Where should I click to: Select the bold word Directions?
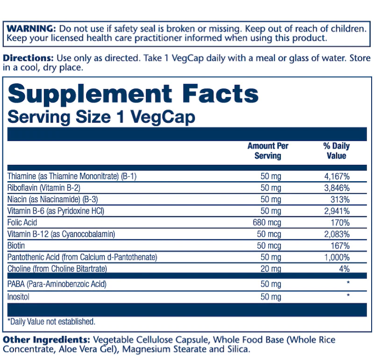[28, 59]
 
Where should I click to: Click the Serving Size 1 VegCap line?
[101, 117]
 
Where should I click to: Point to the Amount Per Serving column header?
[268, 151]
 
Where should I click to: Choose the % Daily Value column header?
[336, 151]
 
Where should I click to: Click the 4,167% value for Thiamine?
[337, 176]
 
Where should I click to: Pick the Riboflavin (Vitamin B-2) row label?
[44, 188]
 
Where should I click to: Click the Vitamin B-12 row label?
[61, 234]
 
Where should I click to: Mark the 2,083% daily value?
[337, 234]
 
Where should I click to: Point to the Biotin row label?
[16, 245]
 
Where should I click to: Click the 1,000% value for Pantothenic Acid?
[337, 257]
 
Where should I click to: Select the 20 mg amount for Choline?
[271, 269]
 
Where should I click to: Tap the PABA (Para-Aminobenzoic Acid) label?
[57, 284]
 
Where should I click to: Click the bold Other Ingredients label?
[47, 339]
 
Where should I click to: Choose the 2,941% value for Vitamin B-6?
[337, 211]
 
